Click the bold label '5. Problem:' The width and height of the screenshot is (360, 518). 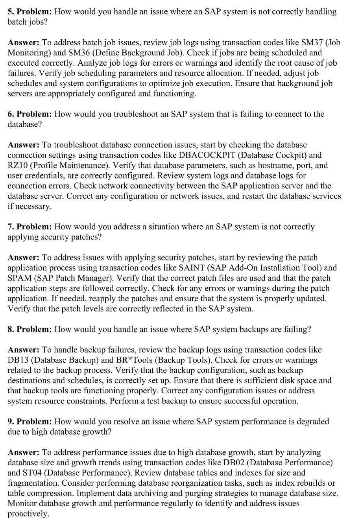click(30, 12)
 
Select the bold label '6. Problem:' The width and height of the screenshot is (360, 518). click(30, 114)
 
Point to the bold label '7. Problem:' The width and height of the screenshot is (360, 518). click(30, 227)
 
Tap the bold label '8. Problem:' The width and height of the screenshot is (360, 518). click(30, 329)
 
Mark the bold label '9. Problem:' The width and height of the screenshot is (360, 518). click(30, 422)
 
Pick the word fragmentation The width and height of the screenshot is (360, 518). click(33, 483)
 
